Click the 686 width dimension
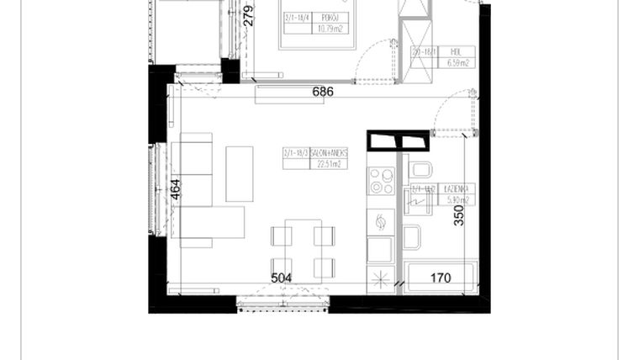click(323, 92)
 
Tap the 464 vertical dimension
click(176, 190)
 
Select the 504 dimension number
click(281, 278)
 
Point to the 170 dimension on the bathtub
click(441, 278)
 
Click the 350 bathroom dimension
click(459, 216)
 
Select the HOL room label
click(456, 50)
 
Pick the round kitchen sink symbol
click(380, 222)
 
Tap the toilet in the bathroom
click(419, 171)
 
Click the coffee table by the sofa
click(240, 174)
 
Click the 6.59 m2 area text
click(456, 61)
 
